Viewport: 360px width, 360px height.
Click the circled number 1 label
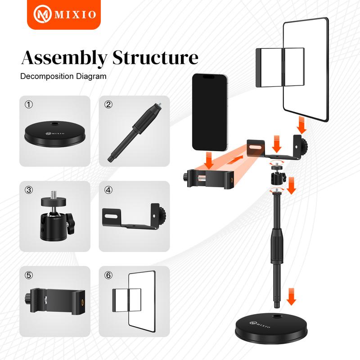click(29, 105)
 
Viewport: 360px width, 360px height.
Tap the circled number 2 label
click(108, 105)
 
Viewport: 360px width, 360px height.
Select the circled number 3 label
click(29, 190)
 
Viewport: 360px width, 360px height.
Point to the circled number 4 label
click(108, 190)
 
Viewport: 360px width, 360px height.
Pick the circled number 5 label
click(29, 275)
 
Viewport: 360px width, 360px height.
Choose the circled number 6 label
click(108, 275)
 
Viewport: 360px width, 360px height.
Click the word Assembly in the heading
click(64, 58)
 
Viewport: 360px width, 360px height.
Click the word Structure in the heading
click(155, 58)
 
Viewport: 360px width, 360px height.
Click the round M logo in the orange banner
click(42, 14)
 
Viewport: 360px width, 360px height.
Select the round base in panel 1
click(55, 135)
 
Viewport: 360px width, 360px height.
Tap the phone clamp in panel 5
click(54, 301)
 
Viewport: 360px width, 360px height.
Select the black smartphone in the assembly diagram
click(210, 112)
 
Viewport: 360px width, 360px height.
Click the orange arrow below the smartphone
click(209, 160)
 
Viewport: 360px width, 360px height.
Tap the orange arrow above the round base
click(291, 297)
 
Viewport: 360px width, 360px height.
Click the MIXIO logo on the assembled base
click(260, 324)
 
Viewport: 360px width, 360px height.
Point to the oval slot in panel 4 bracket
click(111, 216)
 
